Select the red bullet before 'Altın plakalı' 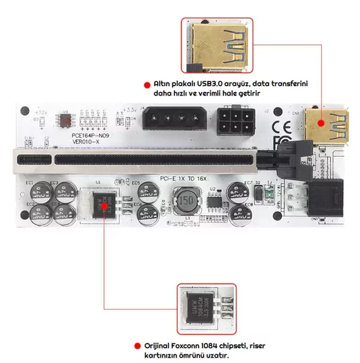click(147, 84)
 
